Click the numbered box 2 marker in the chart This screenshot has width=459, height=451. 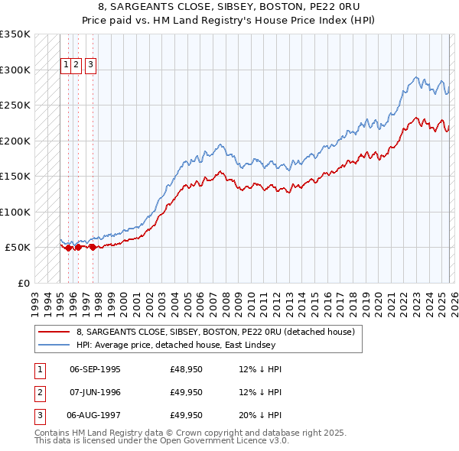77,66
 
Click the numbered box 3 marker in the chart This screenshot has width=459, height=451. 91,66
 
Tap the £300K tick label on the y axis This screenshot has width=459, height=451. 15,70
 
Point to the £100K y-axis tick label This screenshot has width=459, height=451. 15,212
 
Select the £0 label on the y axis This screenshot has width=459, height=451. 23,283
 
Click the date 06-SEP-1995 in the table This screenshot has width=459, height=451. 95,369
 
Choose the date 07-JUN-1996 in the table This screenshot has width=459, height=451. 95,393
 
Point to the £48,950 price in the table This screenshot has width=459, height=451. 186,369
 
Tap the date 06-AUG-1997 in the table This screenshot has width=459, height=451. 95,416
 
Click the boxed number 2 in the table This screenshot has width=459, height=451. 38,393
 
